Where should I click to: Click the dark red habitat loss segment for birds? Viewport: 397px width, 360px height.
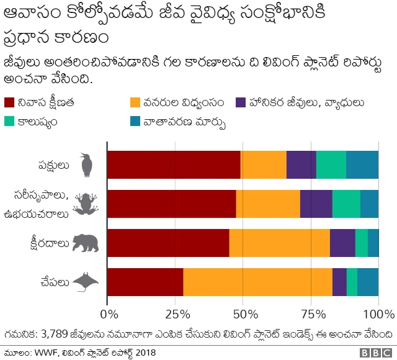[174, 164]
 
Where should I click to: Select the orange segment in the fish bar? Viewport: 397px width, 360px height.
[257, 282]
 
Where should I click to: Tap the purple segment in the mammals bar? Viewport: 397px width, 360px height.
[342, 243]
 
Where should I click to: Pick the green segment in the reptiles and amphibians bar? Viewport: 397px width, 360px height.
[346, 204]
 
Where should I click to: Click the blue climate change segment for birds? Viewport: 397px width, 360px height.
[362, 164]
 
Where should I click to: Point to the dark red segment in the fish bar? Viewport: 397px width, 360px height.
[145, 282]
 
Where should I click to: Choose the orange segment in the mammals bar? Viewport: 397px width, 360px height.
[279, 243]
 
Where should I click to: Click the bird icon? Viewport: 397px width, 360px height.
[87, 165]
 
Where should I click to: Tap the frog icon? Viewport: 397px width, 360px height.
[86, 204]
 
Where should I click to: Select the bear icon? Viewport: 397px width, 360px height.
[86, 243]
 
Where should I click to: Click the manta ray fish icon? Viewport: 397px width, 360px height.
[86, 282]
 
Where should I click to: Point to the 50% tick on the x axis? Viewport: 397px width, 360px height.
[243, 313]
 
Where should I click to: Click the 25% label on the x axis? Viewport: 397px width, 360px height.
[176, 313]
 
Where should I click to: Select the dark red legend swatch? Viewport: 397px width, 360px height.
[11, 102]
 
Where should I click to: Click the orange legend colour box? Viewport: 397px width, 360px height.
[135, 102]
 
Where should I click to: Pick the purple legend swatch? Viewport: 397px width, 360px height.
[242, 102]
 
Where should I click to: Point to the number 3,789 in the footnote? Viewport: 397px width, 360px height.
[56, 334]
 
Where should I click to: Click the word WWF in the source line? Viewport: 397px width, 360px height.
[51, 352]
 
